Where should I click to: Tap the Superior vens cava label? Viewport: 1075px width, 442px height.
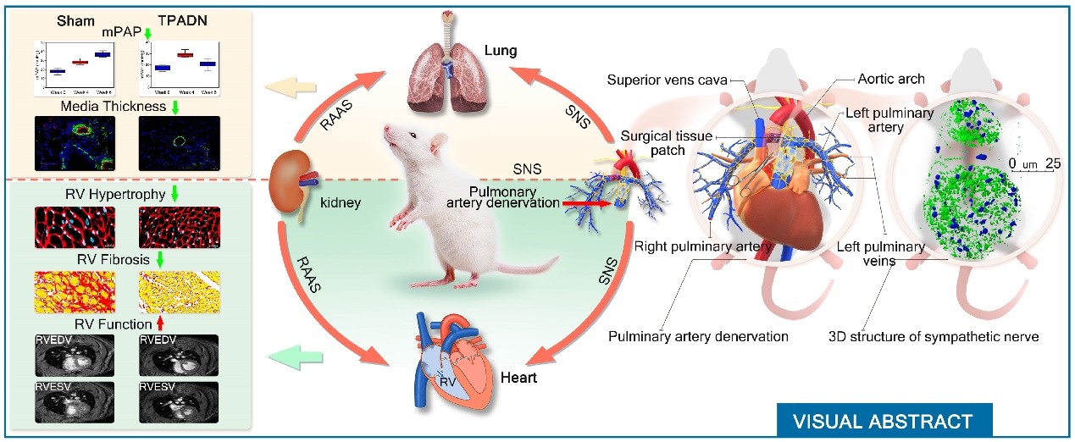tap(668, 80)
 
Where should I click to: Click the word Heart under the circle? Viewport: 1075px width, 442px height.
tap(518, 377)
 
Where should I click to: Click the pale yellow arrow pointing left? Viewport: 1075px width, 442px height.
tap(284, 86)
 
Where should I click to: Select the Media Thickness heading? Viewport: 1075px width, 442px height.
tap(108, 108)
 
